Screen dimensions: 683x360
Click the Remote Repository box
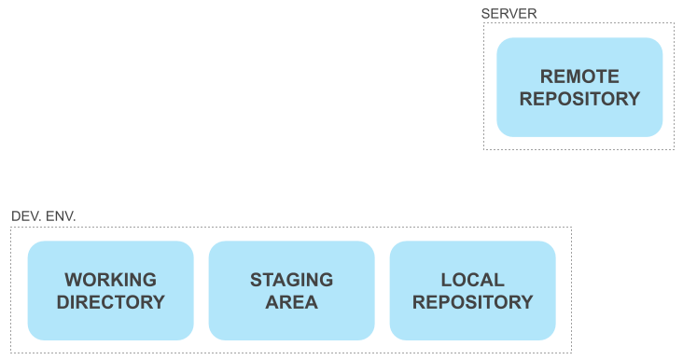579,87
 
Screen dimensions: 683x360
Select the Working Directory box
111,290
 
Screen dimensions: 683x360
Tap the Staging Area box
291,290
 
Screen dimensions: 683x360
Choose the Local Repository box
473,290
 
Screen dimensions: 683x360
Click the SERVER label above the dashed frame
509,13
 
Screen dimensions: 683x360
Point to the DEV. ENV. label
44,216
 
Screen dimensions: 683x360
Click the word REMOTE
579,76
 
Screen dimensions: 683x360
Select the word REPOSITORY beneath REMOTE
579,99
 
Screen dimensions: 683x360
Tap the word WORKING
111,280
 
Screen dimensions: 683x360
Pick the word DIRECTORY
111,302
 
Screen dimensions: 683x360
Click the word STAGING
291,280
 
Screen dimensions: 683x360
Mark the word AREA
291,302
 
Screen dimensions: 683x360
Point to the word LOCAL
473,280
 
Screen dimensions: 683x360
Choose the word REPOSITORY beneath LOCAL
473,302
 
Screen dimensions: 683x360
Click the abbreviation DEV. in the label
25,216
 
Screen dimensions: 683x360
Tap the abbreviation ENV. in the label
60,216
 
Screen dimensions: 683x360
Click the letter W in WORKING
73,280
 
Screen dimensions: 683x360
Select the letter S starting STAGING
256,280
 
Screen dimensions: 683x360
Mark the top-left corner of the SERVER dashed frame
483,23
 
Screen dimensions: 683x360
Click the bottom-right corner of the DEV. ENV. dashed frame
571,353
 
